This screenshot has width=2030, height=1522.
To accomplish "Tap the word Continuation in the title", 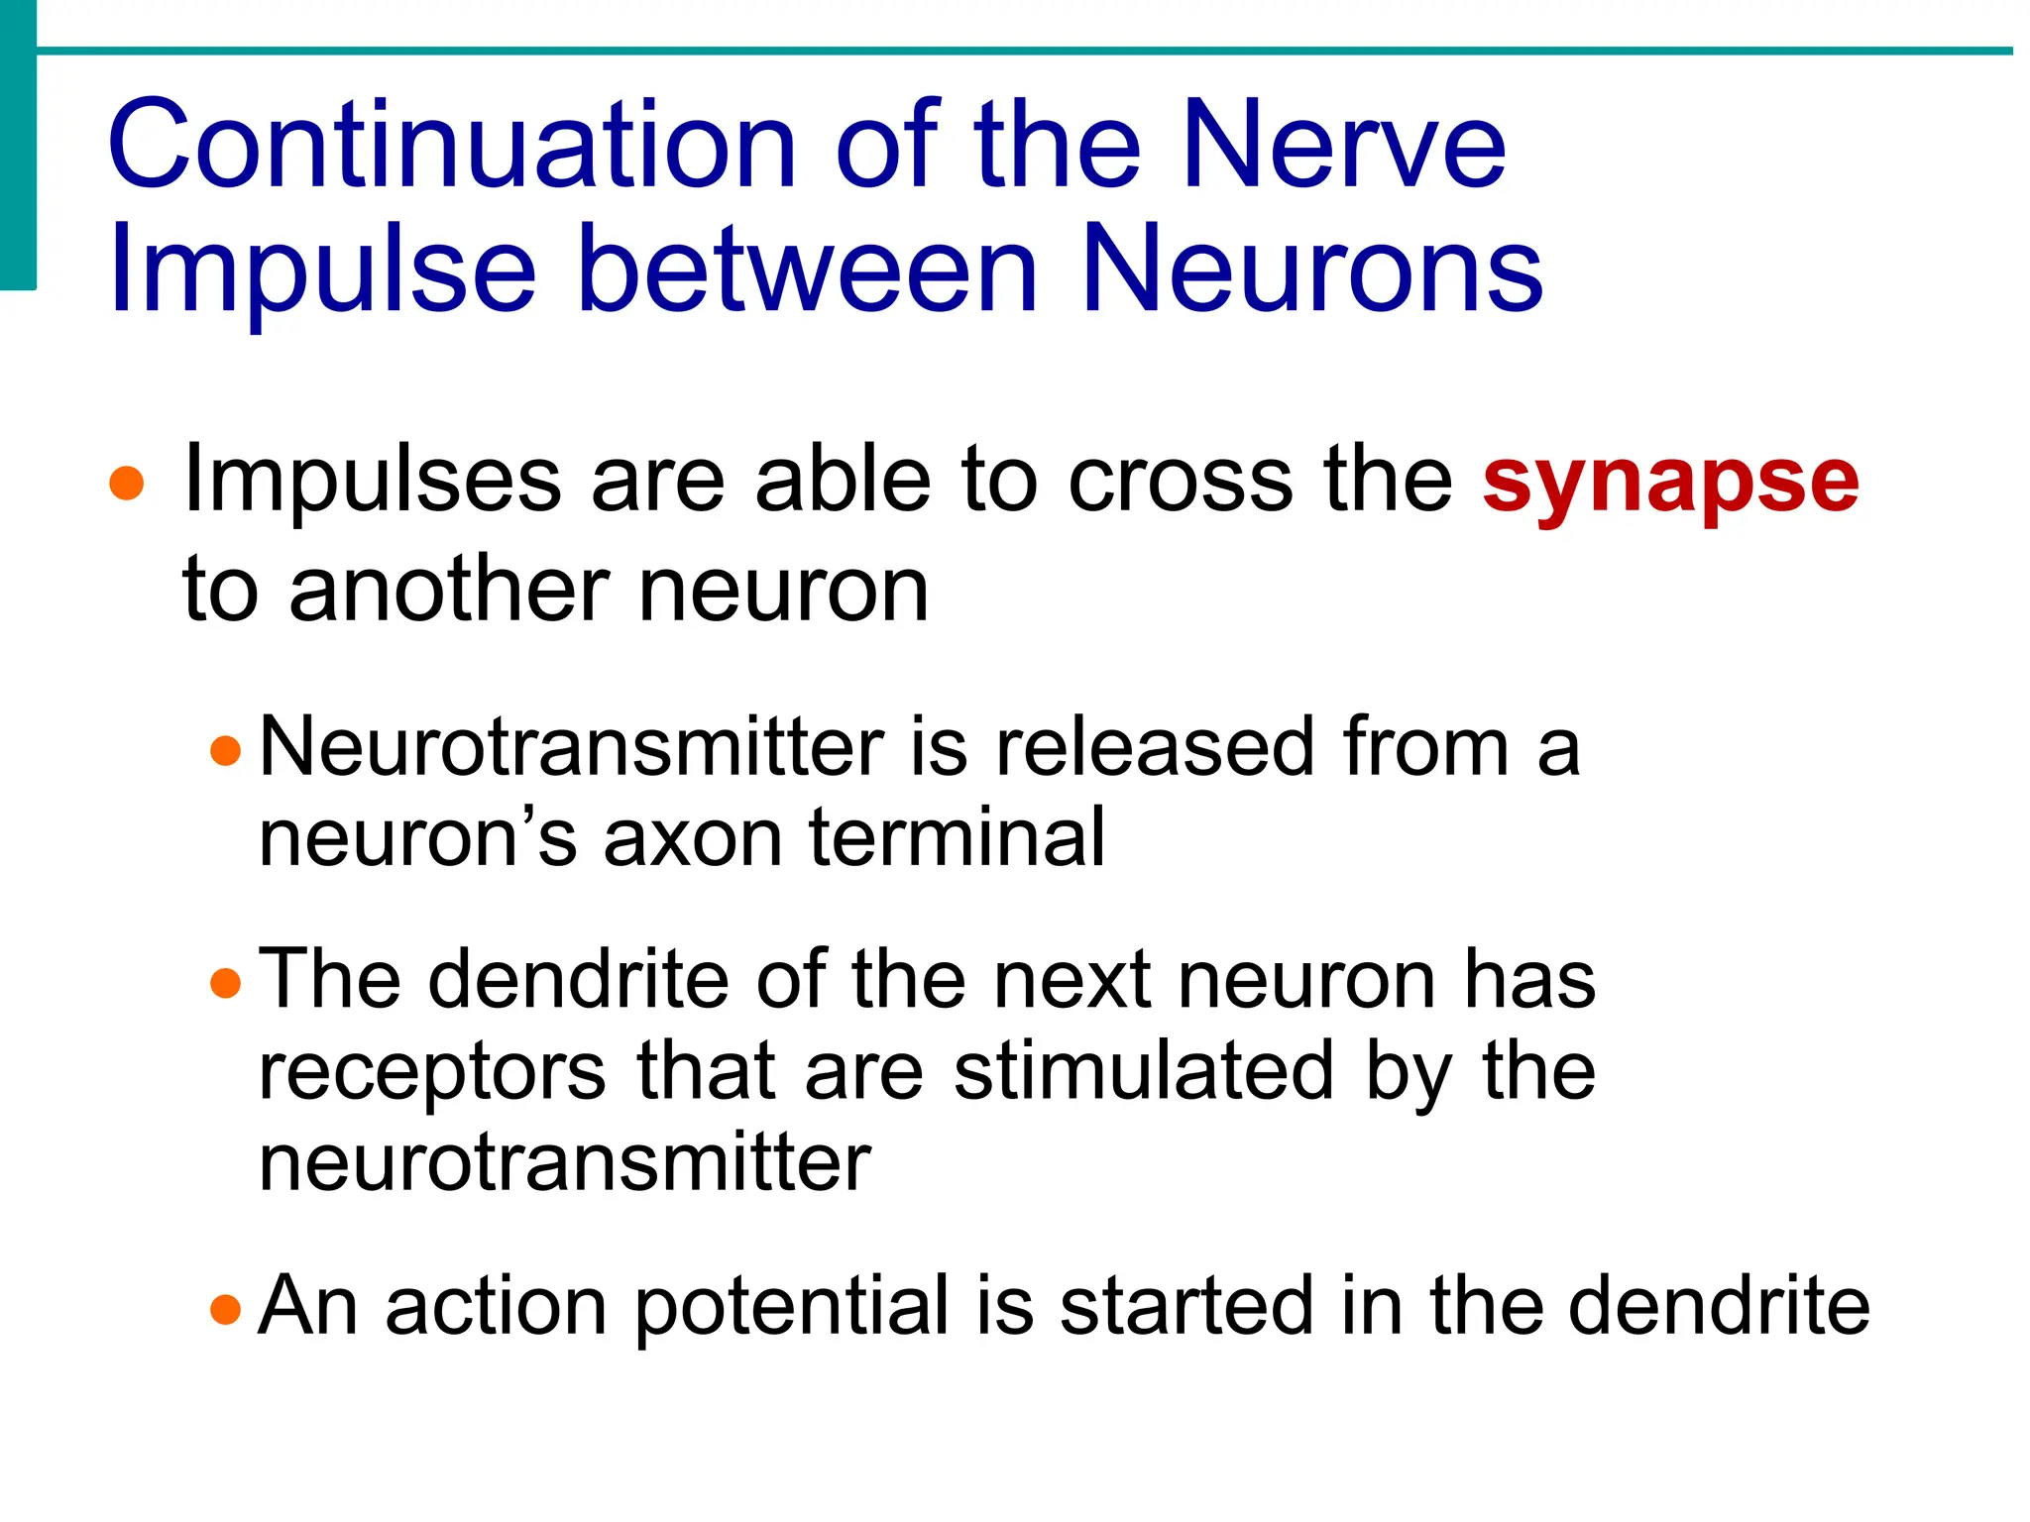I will pos(451,147).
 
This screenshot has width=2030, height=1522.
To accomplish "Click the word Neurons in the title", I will pos(1311,270).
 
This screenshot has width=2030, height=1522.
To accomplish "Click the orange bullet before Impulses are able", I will pos(127,486).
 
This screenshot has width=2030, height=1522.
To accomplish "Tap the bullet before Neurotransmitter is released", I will pos(226,750).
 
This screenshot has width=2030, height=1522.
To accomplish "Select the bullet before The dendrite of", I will pos(226,983).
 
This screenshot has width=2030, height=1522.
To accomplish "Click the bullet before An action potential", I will pos(226,1309).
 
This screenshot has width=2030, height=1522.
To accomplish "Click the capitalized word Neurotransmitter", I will pos(571,747).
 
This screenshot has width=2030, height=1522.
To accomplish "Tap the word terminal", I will pos(957,838).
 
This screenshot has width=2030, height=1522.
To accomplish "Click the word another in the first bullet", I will pos(449,591).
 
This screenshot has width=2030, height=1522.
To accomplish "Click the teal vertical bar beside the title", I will pos(17,145).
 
